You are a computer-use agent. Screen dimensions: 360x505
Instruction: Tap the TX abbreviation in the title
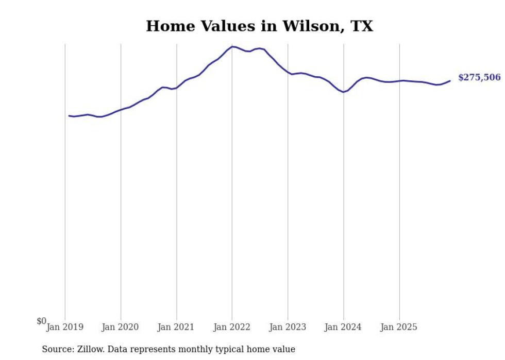click(360, 26)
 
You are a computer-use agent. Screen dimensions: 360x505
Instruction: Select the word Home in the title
click(167, 26)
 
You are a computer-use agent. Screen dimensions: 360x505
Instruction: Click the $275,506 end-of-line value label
click(479, 77)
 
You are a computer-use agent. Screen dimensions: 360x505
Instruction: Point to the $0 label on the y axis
click(41, 321)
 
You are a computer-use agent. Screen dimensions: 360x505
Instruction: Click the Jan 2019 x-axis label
click(65, 327)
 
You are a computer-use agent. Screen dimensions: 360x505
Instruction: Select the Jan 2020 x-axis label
click(121, 327)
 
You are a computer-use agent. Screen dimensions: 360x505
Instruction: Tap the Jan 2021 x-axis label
click(176, 327)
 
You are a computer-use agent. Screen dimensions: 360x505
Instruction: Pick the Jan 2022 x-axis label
click(232, 327)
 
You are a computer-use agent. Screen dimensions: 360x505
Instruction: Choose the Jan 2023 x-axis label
click(288, 327)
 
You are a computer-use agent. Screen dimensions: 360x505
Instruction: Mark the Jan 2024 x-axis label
click(343, 327)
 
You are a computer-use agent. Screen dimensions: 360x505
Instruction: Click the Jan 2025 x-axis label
click(399, 327)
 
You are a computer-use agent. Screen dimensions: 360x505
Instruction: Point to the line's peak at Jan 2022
click(232, 47)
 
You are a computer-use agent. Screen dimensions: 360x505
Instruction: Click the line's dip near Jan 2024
click(343, 92)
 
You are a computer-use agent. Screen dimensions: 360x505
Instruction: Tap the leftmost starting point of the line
click(69, 115)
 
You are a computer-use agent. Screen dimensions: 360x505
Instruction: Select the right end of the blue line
click(450, 80)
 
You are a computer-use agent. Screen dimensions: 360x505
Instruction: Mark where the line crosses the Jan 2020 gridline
click(121, 110)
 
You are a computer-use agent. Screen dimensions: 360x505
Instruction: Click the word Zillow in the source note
click(89, 349)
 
